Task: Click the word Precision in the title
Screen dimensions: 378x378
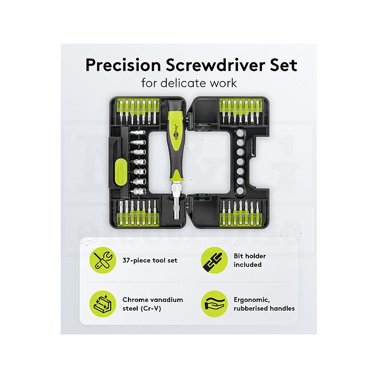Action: click(x=123, y=65)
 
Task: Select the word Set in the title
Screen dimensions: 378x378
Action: click(x=283, y=65)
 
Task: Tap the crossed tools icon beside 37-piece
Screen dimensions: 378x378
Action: click(x=103, y=260)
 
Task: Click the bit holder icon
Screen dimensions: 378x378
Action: click(x=214, y=260)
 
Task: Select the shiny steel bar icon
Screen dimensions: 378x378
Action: click(x=103, y=303)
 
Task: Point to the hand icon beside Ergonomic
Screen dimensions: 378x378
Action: click(x=214, y=303)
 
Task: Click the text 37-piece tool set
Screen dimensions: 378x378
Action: click(x=150, y=260)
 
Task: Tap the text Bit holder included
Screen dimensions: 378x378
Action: click(x=249, y=260)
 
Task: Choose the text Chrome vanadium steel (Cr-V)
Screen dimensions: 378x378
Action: click(x=153, y=304)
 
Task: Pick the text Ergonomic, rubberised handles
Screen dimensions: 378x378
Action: click(x=264, y=304)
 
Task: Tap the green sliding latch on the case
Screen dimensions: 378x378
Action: click(x=121, y=173)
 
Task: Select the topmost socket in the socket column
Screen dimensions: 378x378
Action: click(x=138, y=133)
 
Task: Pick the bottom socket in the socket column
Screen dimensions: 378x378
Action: click(x=138, y=191)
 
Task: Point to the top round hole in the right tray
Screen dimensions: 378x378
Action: click(x=240, y=133)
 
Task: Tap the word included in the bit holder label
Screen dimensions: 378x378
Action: click(x=247, y=265)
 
